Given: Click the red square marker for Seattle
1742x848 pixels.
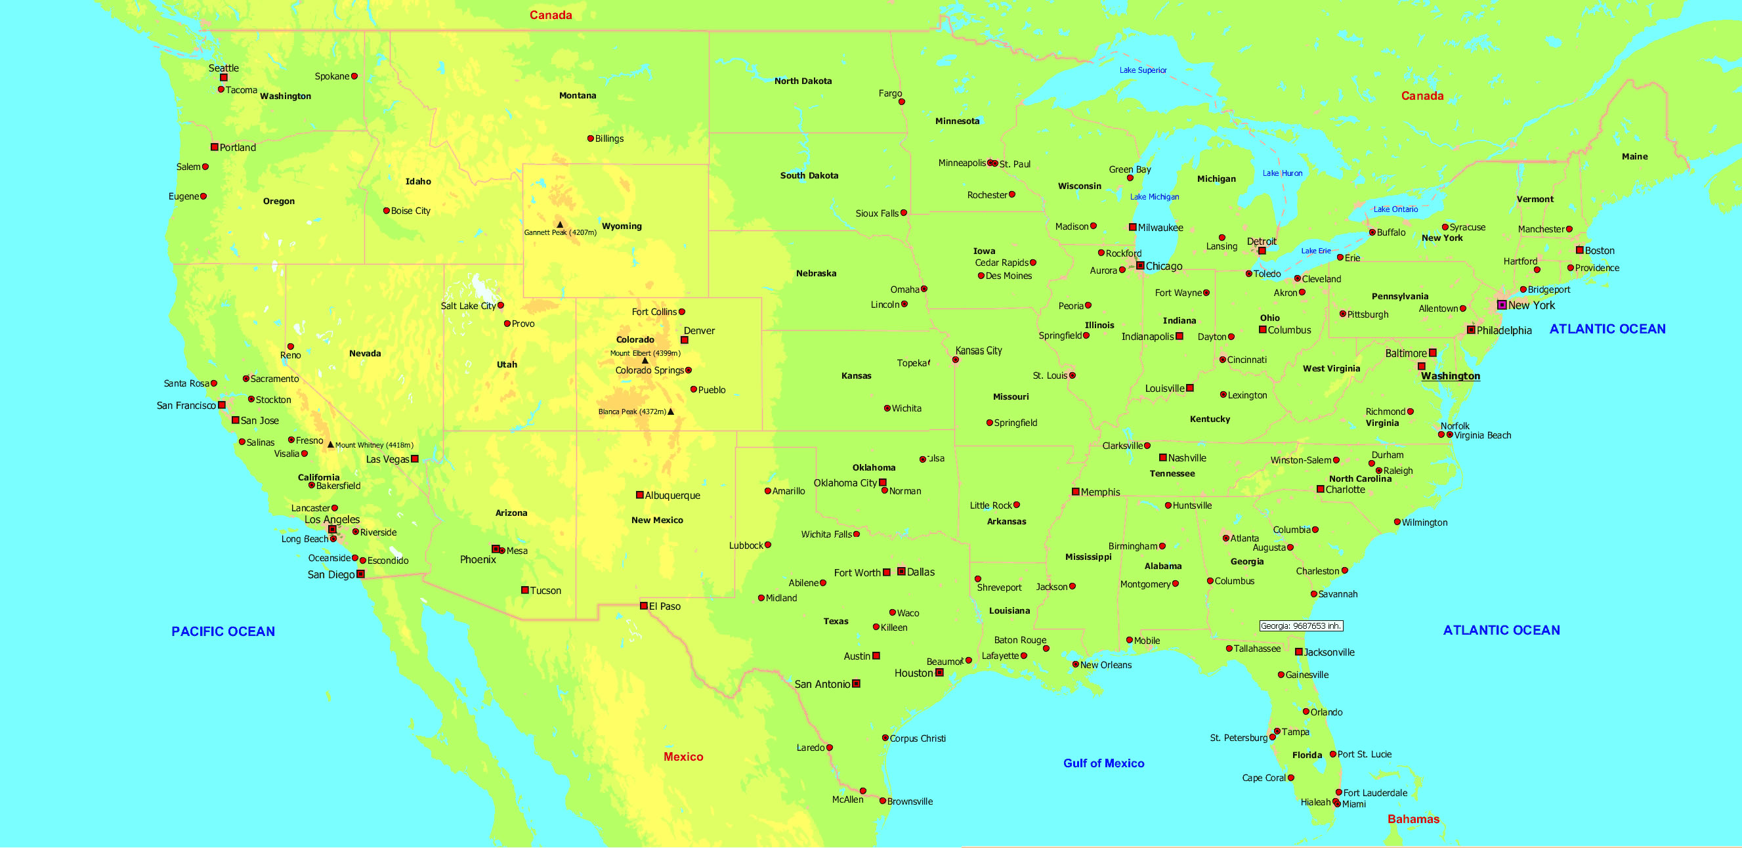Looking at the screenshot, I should [x=224, y=77].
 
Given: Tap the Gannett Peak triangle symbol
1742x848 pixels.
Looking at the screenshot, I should [x=560, y=224].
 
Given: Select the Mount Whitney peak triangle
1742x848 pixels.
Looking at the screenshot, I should [x=331, y=444].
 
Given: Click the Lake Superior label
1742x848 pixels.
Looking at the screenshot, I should [x=1143, y=70].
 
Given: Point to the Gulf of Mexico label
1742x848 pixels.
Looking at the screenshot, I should [x=1103, y=763].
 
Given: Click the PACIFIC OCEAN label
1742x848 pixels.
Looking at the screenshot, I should [x=223, y=631].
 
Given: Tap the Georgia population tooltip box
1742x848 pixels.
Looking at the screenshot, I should [x=1301, y=626].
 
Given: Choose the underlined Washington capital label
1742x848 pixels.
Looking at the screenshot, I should [x=1451, y=377].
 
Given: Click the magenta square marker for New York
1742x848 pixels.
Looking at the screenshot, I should [x=1502, y=305].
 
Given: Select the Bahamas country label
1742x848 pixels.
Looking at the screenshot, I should [x=1413, y=820].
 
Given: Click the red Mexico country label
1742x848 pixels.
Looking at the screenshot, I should [x=683, y=757].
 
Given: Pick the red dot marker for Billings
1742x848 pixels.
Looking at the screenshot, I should [x=590, y=138].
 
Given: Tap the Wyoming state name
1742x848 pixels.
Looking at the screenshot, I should [x=622, y=226].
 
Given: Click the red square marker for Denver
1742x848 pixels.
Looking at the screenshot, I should [x=685, y=340].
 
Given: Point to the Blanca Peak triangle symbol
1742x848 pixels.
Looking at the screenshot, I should [x=671, y=412].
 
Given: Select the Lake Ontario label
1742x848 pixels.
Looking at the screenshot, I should [x=1395, y=209].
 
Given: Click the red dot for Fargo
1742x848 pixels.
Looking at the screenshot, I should [x=901, y=102].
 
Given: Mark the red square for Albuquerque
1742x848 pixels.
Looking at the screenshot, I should [x=640, y=495].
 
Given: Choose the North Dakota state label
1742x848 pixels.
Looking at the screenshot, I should [x=803, y=81].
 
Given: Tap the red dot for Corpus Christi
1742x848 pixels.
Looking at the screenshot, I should [x=885, y=738].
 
